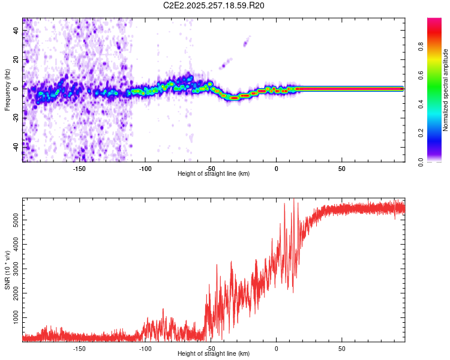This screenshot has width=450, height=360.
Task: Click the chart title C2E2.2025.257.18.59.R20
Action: (214, 5)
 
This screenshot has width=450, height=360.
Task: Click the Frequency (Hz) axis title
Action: (7, 90)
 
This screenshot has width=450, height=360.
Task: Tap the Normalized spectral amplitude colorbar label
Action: (446, 90)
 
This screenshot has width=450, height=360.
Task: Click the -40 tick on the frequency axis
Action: (16, 146)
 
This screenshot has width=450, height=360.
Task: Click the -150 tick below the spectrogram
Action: (79, 168)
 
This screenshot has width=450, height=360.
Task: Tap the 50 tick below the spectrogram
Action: (341, 168)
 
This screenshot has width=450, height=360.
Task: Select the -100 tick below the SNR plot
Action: (145, 348)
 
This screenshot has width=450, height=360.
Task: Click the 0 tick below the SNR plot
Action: (276, 348)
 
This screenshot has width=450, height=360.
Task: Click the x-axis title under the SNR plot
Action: (214, 355)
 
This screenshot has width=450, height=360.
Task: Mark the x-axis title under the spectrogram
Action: (214, 174)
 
